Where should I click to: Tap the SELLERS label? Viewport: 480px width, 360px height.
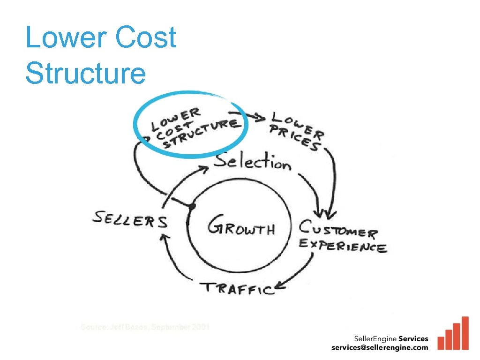[x=130, y=219]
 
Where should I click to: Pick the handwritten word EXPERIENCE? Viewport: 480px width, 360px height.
[x=343, y=245]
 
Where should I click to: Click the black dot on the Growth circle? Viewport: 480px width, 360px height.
[x=191, y=206]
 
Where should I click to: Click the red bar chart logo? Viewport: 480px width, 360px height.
[x=453, y=334]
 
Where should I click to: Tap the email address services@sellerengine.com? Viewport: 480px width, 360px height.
[x=380, y=348]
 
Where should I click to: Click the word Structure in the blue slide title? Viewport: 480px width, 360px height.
[x=86, y=73]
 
